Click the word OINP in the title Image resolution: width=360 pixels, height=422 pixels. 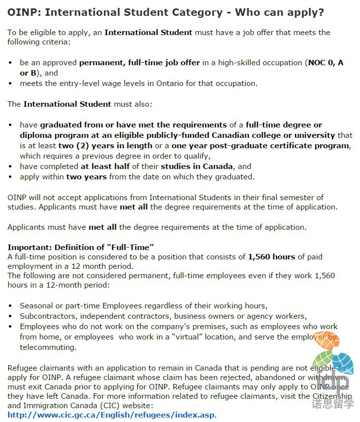click(x=21, y=12)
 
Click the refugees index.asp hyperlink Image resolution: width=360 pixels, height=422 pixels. click(x=112, y=415)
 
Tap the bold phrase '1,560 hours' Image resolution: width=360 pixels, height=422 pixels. click(x=272, y=256)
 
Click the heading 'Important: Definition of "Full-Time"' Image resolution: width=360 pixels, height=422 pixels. click(x=81, y=247)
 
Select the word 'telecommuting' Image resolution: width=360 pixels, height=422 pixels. click(x=48, y=347)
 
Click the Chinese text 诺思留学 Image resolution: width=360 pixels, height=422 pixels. click(x=333, y=404)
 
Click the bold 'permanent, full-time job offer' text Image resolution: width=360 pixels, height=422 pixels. click(x=140, y=63)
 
